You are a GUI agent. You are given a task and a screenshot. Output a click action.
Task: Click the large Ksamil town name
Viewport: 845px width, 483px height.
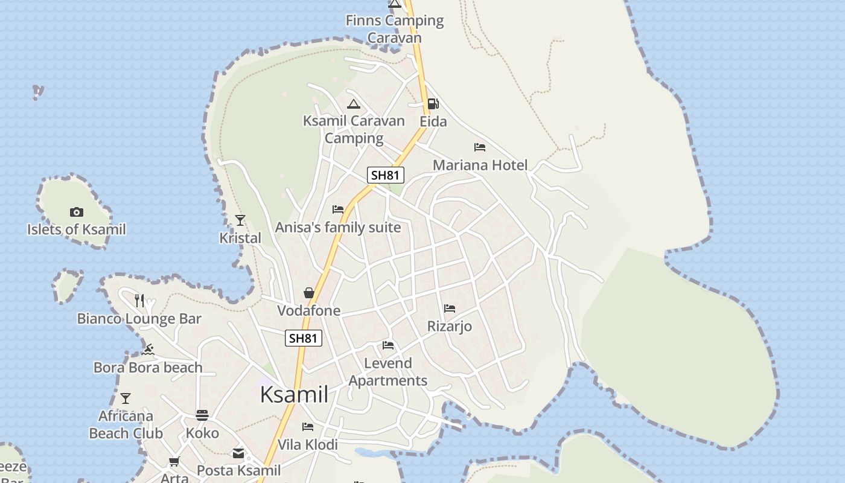(x=294, y=394)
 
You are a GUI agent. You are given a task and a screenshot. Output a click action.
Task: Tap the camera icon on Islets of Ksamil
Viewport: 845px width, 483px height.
(x=76, y=212)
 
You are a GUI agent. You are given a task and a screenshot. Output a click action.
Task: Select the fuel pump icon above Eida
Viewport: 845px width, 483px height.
(x=433, y=104)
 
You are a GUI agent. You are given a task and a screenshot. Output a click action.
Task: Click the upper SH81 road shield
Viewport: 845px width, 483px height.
(x=386, y=175)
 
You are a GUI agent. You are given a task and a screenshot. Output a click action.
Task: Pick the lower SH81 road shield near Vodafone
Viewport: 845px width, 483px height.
(x=303, y=338)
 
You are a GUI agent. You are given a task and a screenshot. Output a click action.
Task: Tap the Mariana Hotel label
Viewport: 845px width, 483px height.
(x=480, y=165)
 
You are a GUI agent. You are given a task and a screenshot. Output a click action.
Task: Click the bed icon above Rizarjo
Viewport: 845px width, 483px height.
(x=450, y=309)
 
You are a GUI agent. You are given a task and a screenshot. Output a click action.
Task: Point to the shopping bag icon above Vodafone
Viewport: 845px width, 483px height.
(x=309, y=293)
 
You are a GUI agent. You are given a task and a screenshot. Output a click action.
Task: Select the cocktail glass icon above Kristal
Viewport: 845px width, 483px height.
(x=240, y=220)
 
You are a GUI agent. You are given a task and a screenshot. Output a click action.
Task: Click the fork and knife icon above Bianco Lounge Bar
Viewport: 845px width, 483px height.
(x=139, y=300)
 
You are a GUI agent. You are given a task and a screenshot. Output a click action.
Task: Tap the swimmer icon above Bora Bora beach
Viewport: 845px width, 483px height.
(x=148, y=350)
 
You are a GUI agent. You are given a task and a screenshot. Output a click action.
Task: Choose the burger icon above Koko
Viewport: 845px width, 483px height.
(x=202, y=415)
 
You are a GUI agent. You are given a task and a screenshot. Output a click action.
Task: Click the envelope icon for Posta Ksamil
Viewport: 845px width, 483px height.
(x=238, y=453)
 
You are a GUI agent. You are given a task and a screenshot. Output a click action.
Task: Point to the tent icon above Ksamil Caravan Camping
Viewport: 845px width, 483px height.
(x=354, y=104)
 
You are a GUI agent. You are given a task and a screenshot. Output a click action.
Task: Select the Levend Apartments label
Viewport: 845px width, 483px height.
(x=388, y=372)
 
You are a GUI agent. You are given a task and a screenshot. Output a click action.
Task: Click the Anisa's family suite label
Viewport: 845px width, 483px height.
(x=338, y=228)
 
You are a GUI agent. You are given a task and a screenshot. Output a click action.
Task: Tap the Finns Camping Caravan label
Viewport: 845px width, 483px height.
(x=395, y=29)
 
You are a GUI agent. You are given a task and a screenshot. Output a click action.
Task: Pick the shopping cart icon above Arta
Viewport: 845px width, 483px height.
(x=174, y=462)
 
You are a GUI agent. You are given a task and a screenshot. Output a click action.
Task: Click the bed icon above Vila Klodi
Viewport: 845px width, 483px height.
(x=308, y=427)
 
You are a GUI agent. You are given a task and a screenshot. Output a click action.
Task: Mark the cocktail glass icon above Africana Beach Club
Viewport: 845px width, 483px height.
(x=126, y=398)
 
